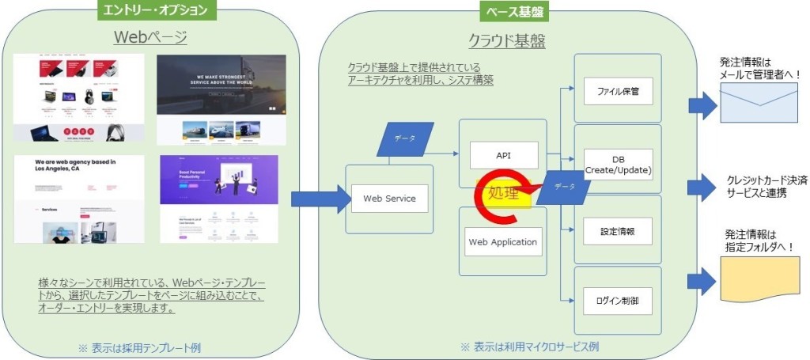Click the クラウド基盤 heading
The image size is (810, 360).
(x=503, y=42)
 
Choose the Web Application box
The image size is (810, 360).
(x=503, y=241)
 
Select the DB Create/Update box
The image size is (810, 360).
(x=618, y=162)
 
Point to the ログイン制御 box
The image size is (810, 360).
(x=618, y=301)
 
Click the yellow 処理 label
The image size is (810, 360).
(x=503, y=193)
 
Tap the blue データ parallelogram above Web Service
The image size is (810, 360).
(x=406, y=138)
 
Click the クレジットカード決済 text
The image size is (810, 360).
(x=765, y=180)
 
